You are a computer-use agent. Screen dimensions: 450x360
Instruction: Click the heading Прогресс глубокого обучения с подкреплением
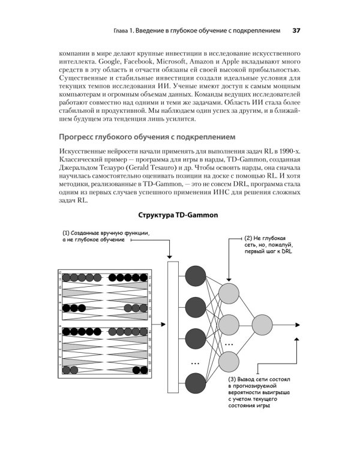click(151, 136)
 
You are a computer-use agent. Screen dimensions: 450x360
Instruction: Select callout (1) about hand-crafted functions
click(105, 236)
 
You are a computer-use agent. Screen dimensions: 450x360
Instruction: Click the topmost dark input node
click(195, 276)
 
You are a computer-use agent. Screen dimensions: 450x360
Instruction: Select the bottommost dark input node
click(195, 383)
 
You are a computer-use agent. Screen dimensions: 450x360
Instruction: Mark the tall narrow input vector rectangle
click(173, 325)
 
